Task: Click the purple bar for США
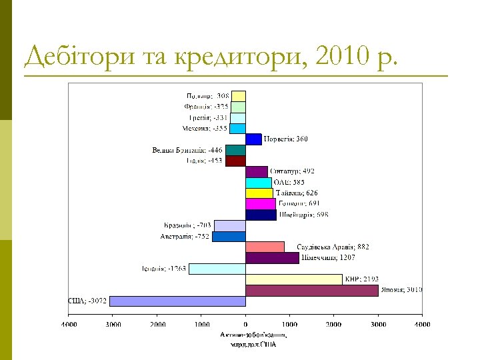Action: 177,301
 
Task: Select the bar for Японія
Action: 312,290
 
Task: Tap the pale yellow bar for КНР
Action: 293,279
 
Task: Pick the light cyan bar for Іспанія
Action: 217,269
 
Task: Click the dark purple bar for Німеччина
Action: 272,258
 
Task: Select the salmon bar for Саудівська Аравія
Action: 265,247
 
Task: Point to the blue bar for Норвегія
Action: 253,139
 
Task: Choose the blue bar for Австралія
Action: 229,236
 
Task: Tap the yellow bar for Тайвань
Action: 259,193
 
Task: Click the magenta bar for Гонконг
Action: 261,204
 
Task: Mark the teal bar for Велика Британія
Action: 235,150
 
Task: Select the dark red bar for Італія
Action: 235,161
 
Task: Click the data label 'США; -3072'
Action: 88,301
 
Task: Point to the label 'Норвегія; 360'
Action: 286,139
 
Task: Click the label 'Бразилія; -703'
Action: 187,225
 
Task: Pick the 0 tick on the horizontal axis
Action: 245,324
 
